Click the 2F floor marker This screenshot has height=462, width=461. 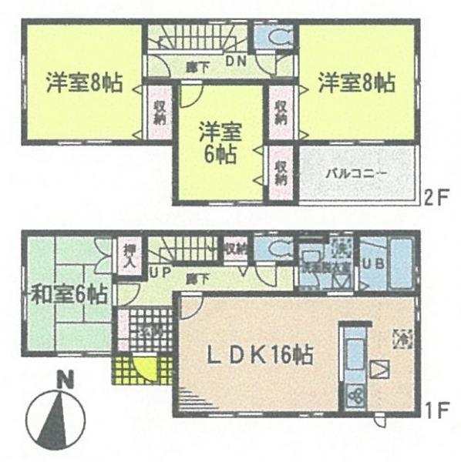436,195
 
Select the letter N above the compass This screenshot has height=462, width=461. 67,378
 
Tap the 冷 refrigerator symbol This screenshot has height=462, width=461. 401,336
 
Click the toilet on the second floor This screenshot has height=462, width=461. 274,38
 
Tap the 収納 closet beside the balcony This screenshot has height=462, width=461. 281,172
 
